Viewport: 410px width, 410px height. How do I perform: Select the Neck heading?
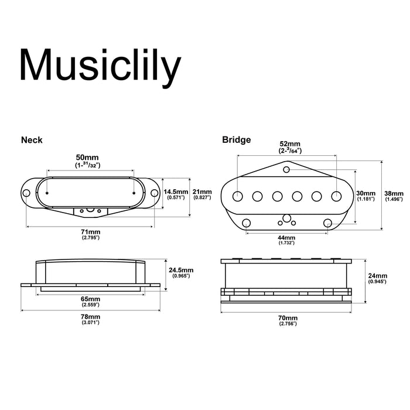tap(32, 140)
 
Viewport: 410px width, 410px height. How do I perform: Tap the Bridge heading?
tap(237, 140)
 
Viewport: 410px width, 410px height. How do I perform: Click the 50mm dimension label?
tap(87, 158)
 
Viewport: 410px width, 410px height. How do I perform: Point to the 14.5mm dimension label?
tap(176, 192)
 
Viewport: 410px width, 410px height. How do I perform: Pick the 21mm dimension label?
tap(203, 192)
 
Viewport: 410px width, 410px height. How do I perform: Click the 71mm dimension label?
tap(90, 232)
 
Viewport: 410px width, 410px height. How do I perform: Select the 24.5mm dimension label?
tap(180, 271)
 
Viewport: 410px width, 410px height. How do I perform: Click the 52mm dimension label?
tap(287, 143)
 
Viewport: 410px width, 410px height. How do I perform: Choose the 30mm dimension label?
tap(365, 193)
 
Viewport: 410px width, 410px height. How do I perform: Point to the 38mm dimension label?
tap(394, 193)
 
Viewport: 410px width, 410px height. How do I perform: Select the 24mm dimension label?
tap(377, 276)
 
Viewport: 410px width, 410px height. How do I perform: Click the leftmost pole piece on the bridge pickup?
tap(238, 194)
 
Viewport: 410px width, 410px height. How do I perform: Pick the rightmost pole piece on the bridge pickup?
tap(337, 194)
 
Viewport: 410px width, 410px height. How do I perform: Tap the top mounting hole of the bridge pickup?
tap(286, 170)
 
